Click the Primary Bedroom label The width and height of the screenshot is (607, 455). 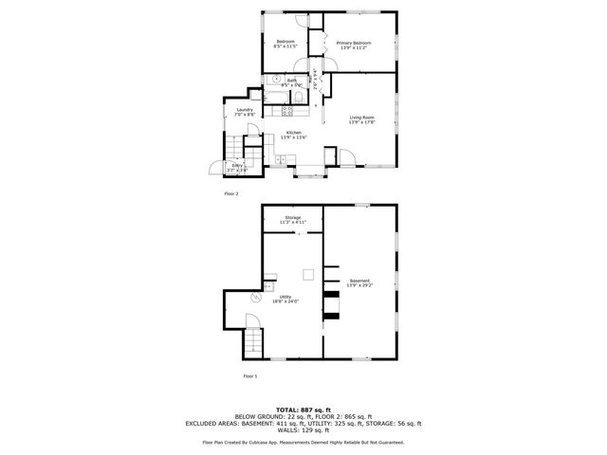tap(353, 43)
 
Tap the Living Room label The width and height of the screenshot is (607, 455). tap(361, 118)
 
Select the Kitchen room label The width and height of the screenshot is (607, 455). tap(293, 132)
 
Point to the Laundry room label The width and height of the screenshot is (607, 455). tap(245, 109)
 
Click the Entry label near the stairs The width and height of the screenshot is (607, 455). tap(237, 166)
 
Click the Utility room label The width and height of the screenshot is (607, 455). tap(285, 297)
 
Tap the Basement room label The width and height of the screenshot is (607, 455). tap(359, 281)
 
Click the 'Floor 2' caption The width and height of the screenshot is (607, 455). tap(231, 193)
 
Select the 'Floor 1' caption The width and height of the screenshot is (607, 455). tap(250, 376)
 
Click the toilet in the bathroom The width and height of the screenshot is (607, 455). tap(298, 97)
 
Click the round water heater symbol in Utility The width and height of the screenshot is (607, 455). tap(254, 298)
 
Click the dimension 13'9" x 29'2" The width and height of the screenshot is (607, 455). tap(359, 284)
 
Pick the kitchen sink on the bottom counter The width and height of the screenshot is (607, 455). tap(285, 158)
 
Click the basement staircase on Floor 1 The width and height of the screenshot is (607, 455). tap(253, 340)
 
